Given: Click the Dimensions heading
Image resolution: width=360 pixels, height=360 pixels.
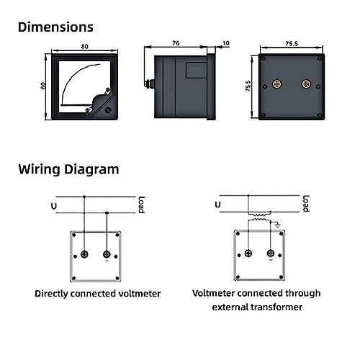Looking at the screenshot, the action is (55, 27).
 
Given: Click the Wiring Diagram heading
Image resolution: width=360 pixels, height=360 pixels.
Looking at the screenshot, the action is (68, 169).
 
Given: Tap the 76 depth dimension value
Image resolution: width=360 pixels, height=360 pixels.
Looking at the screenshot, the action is (176, 43).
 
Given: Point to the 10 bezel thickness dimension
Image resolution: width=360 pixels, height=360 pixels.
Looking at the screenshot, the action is (226, 43).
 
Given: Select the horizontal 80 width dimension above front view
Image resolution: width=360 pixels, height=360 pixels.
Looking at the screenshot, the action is (84, 47).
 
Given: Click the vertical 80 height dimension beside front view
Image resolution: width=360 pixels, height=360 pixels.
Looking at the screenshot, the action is (43, 86).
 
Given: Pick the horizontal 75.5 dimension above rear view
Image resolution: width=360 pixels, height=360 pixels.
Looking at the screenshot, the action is (292, 44).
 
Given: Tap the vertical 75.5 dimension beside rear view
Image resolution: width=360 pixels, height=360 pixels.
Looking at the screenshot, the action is (248, 86).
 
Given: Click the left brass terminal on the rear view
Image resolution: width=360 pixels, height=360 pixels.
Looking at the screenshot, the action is (277, 84).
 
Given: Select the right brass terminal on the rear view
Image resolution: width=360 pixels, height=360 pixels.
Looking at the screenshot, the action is (306, 84).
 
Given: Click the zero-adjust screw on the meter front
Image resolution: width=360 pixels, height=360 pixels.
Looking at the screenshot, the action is (108, 110).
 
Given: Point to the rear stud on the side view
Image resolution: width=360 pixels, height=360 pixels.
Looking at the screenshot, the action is (149, 84).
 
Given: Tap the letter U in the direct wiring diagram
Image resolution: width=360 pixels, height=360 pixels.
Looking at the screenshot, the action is (54, 206).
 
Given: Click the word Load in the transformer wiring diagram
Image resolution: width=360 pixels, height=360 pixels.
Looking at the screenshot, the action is (306, 204).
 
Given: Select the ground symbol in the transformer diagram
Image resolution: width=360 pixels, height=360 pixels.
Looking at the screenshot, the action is (277, 225).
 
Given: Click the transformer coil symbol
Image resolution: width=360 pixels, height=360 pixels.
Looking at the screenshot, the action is (260, 217).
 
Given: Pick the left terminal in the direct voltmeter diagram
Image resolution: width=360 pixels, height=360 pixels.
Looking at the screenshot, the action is (84, 254).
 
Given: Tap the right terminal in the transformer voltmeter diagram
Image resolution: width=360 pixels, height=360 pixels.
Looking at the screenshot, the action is (271, 253).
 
